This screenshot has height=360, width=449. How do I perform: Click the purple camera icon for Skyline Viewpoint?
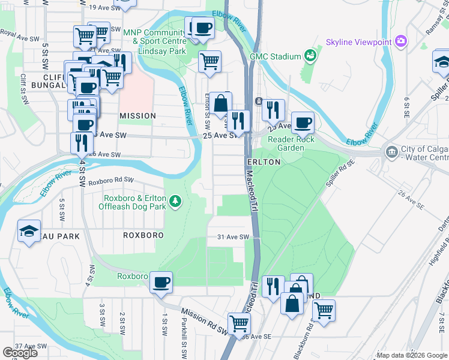tap(400, 42)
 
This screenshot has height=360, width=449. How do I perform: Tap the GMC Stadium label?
tap(276, 57)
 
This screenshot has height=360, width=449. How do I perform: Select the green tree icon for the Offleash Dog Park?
tap(175, 201)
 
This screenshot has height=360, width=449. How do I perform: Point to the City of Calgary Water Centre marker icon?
tap(391, 150)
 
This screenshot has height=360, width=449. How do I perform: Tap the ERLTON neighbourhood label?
tap(263, 162)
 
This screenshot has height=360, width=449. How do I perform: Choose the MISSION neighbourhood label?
tap(137, 115)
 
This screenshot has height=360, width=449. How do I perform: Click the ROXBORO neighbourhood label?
tap(143, 236)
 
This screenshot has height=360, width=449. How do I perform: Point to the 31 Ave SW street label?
tap(234, 238)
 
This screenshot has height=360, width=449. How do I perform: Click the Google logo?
tap(20, 353)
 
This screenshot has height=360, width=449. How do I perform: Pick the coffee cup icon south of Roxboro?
tap(160, 282)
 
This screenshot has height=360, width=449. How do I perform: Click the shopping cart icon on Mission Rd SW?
tap(240, 323)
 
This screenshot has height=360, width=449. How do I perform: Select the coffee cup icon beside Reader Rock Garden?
tap(303, 122)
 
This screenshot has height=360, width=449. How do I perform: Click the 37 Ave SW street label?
tap(31, 346)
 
